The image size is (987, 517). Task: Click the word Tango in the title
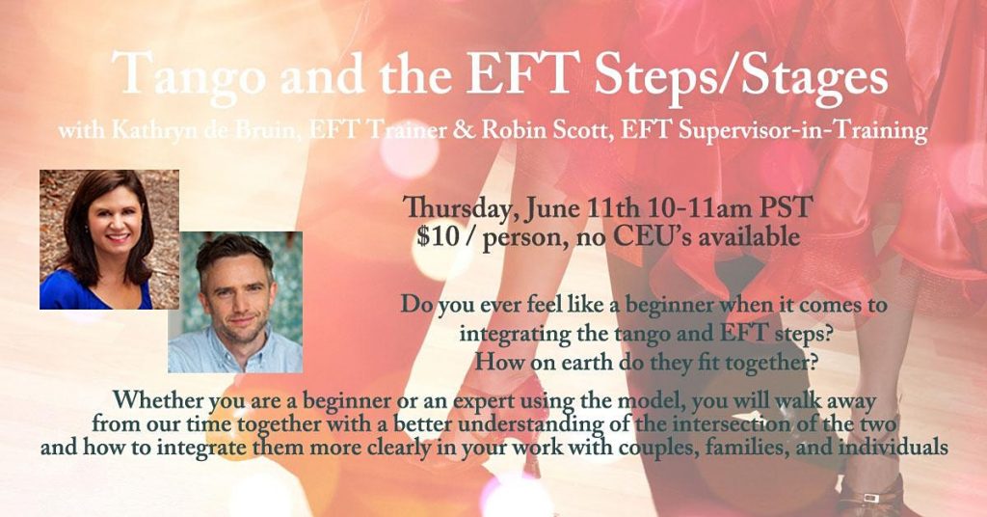click(x=190, y=75)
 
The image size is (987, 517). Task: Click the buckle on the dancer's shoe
click(x=871, y=498)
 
